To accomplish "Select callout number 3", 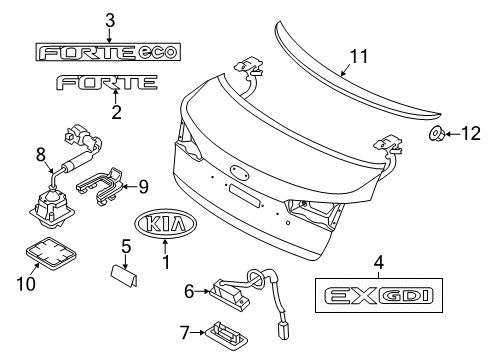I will pyautogui.click(x=110, y=19).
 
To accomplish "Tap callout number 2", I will pyautogui.click(x=116, y=113).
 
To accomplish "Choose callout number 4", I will pyautogui.click(x=379, y=264).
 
